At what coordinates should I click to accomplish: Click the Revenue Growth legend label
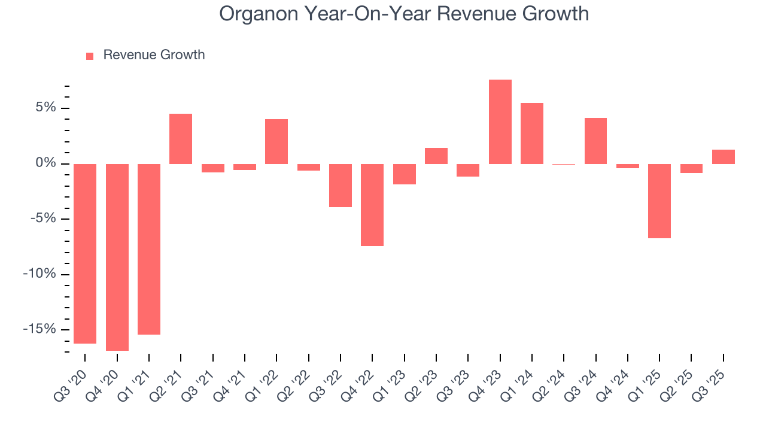154,55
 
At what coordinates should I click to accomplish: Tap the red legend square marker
90,56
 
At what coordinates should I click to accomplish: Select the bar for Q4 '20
117,257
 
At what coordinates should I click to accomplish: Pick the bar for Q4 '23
500,122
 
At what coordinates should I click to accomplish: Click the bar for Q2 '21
181,139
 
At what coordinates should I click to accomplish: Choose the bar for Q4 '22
372,205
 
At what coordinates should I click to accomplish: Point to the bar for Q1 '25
659,201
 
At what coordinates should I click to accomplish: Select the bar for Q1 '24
532,133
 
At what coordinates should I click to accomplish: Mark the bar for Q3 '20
85,253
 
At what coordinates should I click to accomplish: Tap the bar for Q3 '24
595,141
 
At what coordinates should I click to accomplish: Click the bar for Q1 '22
276,141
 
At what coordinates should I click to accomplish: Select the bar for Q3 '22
341,186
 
